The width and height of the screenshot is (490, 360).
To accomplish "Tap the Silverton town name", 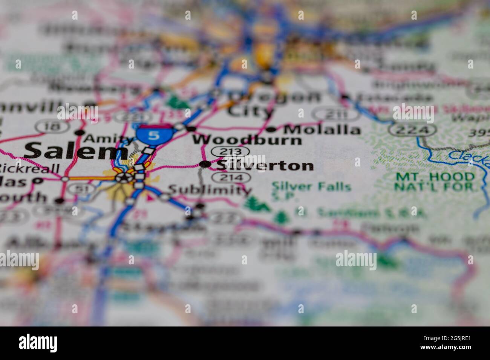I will pyautogui.click(x=265, y=165).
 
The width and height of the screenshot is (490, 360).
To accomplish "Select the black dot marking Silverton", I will pyautogui.click(x=205, y=164).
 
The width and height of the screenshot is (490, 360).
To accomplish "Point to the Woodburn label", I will pyautogui.click(x=247, y=140).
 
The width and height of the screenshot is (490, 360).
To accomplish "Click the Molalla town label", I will pyautogui.click(x=322, y=130).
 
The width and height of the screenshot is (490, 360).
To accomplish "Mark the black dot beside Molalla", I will pyautogui.click(x=271, y=130).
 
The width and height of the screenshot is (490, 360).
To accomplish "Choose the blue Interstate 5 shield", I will pyautogui.click(x=153, y=134).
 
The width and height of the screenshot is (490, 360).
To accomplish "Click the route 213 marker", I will pyautogui.click(x=230, y=152).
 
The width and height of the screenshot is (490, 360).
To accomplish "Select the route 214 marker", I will pyautogui.click(x=230, y=177).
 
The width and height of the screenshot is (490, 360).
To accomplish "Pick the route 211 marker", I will pyautogui.click(x=332, y=114).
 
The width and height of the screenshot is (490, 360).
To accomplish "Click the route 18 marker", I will pyautogui.click(x=52, y=127).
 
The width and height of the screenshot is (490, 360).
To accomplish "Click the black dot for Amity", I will pyautogui.click(x=80, y=133).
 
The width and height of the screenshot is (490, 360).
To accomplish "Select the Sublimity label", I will pyautogui.click(x=210, y=189).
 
